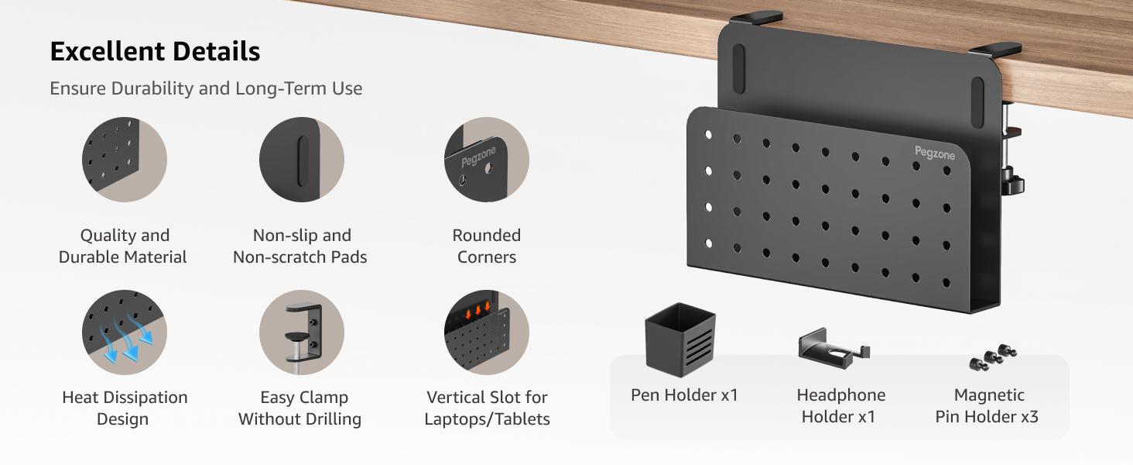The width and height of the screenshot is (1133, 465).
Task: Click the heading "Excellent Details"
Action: point(155,52)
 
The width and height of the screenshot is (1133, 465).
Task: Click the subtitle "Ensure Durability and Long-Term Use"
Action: point(206,88)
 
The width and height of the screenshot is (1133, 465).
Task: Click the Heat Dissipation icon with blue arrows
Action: point(125,332)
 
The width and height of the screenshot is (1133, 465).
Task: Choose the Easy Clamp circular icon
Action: point(301,332)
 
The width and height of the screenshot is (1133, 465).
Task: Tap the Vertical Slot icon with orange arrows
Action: point(486,332)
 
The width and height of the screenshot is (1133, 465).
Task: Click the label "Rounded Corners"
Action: point(486,246)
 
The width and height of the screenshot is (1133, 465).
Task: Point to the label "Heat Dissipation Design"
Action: point(125,408)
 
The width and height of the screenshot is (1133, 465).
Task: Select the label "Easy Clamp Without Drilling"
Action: point(300,408)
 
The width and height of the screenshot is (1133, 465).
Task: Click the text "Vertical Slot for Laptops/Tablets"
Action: point(487,408)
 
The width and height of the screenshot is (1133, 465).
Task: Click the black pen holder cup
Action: point(679,339)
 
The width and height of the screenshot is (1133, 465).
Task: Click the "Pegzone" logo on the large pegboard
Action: point(935,153)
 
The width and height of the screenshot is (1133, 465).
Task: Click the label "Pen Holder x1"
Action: point(684,395)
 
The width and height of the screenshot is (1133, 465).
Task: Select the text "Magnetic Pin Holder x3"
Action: point(988,406)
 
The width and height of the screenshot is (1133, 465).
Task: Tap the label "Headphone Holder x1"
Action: point(840,406)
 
